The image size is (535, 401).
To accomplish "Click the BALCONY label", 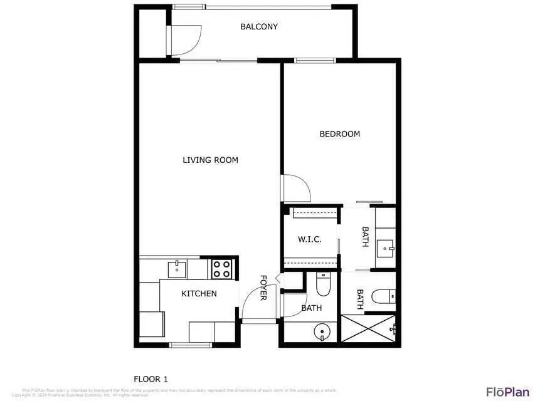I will (258, 27).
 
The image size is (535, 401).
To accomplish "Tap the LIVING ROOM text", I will (210, 160).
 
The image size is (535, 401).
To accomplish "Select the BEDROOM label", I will (339, 134).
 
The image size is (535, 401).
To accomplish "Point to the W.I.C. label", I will (309, 239).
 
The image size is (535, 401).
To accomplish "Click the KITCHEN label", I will (199, 293).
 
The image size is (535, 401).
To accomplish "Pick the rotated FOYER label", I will (263, 288).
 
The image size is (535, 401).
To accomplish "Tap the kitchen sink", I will (177, 269).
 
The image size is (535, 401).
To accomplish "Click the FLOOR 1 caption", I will (151, 378).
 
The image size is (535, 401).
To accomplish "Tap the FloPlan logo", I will (507, 392).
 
